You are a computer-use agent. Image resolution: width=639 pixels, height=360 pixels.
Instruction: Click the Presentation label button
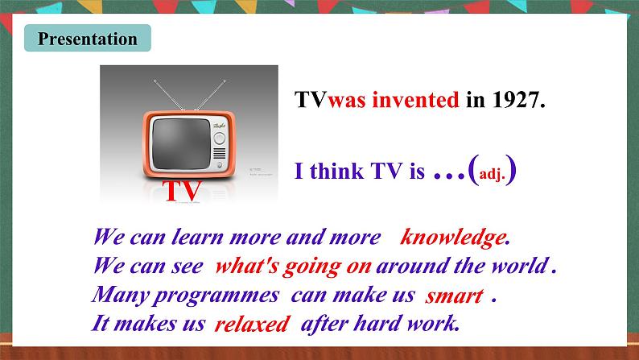point(88,39)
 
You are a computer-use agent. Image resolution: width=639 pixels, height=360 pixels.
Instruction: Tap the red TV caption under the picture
point(182,191)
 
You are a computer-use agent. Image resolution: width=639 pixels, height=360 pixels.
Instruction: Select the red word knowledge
point(455,238)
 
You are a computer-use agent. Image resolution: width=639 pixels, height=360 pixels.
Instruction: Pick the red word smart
point(454,296)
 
